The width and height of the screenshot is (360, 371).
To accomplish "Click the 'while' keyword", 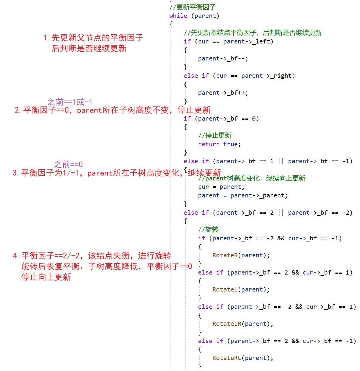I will point(178,16).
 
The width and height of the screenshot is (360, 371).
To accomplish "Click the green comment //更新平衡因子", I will point(193,7).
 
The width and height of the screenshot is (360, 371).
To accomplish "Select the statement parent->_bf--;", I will point(223,59).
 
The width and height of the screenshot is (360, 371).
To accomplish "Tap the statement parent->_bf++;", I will point(223,93).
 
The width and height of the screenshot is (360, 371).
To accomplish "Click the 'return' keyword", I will point(209,144).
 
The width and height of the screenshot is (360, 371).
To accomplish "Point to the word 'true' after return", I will point(230,144).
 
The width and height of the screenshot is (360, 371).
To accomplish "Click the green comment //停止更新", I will point(215,136).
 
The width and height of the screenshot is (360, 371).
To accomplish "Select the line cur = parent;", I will point(221,187).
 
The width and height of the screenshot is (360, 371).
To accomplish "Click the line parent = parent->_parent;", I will point(243,196).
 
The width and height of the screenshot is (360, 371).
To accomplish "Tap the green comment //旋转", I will point(208,230).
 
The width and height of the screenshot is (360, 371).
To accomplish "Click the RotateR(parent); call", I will point(241,255).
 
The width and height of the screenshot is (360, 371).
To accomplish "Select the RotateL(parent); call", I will point(241,290).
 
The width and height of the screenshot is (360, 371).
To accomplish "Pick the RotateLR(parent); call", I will point(243,324).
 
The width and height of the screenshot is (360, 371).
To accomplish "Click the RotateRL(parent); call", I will point(243,358).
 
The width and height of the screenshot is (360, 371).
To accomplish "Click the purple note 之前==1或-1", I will point(70,102).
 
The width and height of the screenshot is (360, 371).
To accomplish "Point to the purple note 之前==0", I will point(68,164).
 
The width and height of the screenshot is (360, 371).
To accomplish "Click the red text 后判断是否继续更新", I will point(89,49).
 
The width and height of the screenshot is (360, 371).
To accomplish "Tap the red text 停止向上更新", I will point(46,277).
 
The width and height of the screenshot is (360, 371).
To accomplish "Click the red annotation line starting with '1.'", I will point(93,38).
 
